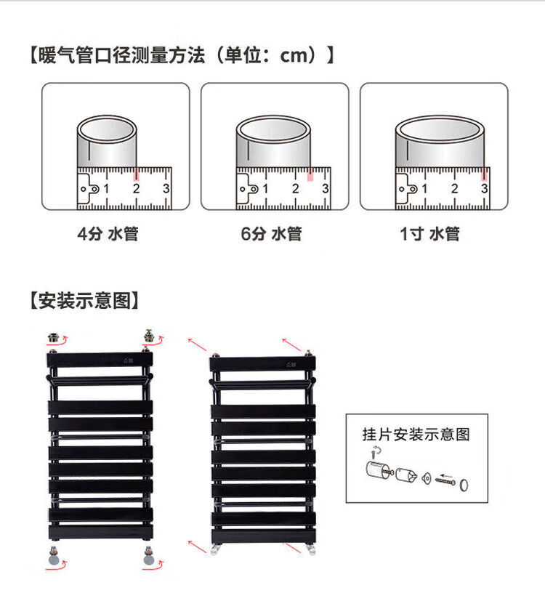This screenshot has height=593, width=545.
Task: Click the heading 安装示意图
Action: (84, 300)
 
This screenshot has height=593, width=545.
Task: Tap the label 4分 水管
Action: (108, 234)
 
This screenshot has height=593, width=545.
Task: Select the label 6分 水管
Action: (271, 234)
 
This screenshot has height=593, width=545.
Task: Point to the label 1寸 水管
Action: (429, 234)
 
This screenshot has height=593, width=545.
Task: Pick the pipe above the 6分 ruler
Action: (273, 142)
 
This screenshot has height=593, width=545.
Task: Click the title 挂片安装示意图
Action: (416, 435)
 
